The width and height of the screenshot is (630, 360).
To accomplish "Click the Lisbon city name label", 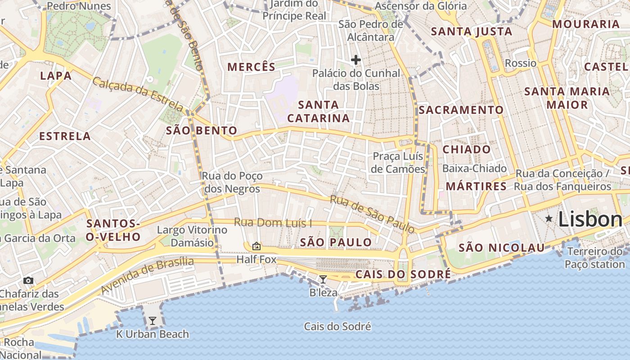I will click(590, 219).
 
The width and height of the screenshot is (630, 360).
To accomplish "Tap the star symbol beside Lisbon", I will click(549, 219).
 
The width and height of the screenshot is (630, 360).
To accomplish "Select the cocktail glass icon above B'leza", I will click(323, 279).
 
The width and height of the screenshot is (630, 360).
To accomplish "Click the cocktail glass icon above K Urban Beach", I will click(153, 321).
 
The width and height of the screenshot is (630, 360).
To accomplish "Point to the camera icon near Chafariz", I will click(28, 281).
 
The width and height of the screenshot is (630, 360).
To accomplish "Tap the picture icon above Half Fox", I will click(256, 246).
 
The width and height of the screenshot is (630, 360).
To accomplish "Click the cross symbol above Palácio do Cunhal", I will click(356, 59).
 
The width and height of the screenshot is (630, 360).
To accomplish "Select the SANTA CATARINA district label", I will click(318, 111).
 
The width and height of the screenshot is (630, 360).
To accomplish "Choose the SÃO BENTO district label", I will click(201, 130).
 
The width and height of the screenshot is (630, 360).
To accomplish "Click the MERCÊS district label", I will click(251, 67).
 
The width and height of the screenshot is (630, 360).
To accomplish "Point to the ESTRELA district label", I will click(65, 136).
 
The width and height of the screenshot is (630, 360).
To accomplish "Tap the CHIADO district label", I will click(467, 149).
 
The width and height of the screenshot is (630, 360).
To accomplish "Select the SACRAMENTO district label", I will click(461, 110).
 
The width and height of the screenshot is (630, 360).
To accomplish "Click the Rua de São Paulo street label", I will click(372, 214).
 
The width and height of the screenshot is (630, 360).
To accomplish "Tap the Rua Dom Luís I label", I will click(273, 223).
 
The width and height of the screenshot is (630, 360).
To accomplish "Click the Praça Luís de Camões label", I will click(398, 162).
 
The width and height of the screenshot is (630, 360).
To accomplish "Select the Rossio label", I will click(521, 63).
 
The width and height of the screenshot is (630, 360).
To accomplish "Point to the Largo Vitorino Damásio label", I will click(192, 236).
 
